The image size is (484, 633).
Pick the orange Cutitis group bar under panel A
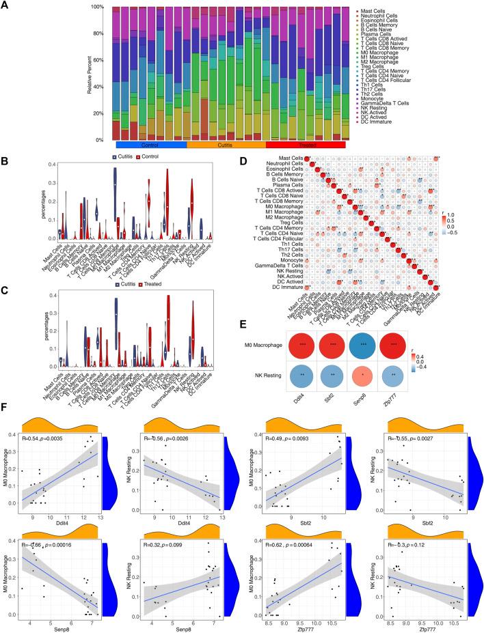226,145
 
